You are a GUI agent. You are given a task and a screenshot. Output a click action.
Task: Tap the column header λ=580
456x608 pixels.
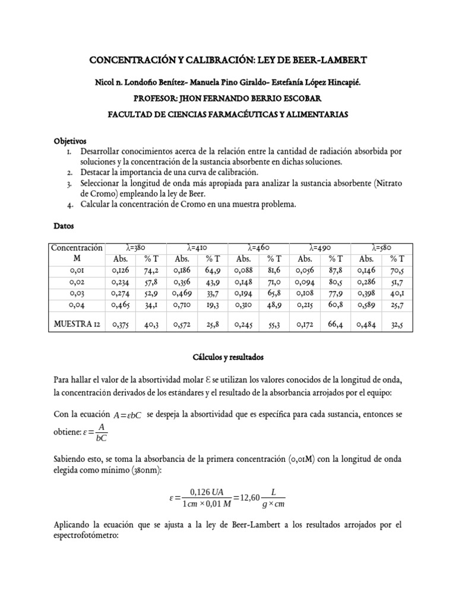381,247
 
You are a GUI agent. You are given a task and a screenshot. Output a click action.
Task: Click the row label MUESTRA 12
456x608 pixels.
77,324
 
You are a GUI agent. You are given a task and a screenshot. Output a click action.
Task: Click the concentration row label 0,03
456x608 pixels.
77,293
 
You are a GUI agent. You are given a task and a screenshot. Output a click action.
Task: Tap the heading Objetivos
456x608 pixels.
70,141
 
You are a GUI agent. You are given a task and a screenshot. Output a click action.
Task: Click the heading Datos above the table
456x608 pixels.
64,226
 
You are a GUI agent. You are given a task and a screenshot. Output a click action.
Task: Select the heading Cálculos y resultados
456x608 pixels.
227,358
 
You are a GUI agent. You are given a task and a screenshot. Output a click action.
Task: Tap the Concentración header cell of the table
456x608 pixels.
77,247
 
